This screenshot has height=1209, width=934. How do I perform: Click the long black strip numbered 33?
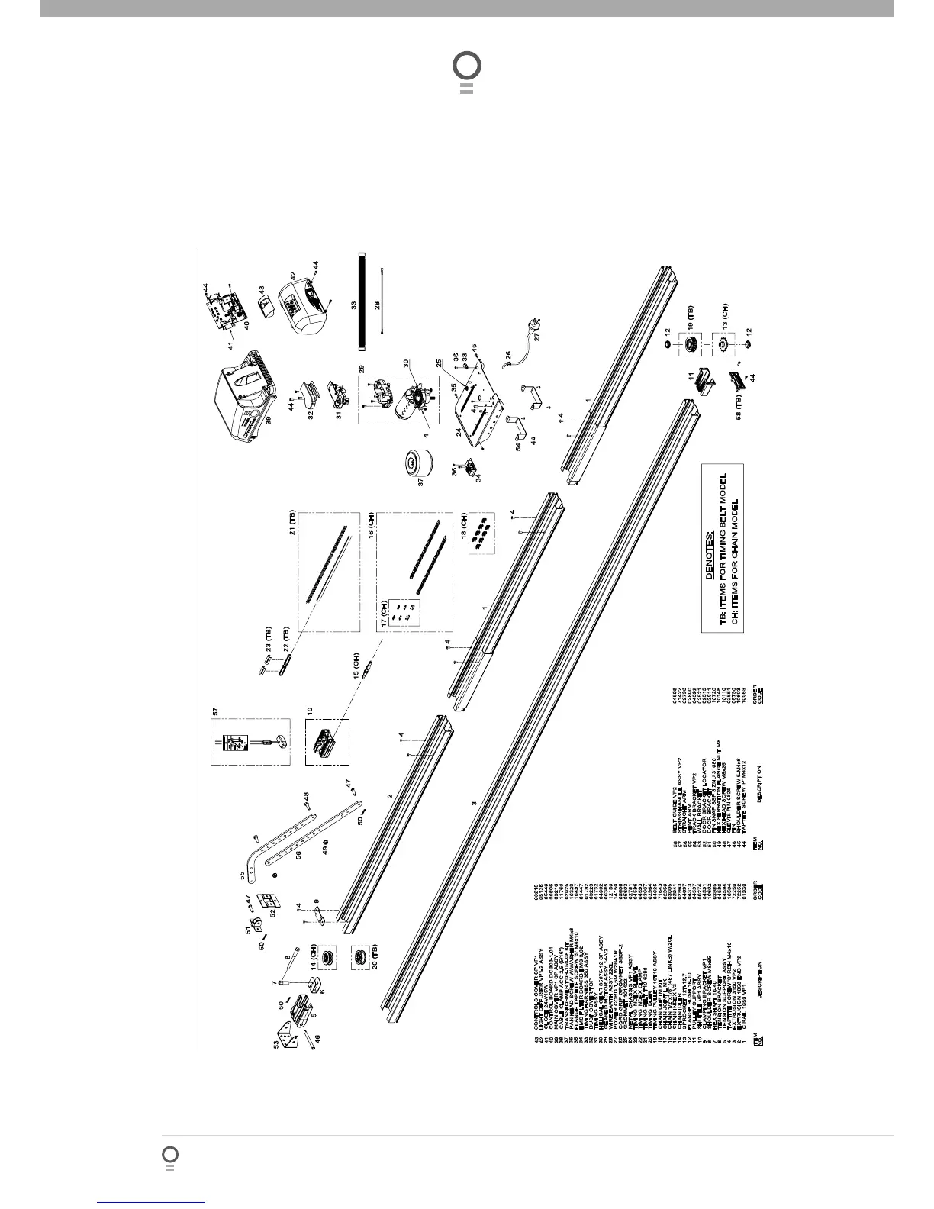tap(361, 300)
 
